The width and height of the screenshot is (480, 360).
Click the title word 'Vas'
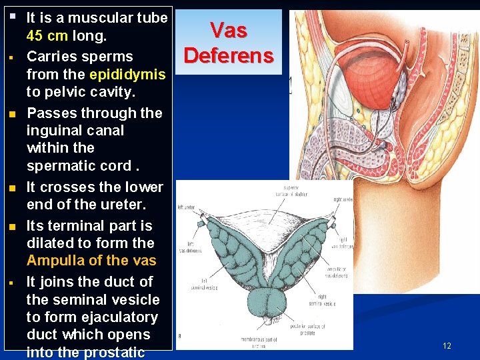229,30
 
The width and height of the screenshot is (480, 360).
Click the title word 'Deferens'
229,55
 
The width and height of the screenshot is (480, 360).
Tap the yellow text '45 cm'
47,35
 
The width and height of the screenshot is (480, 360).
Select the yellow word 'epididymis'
127,74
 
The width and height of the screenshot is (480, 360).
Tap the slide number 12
447,345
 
